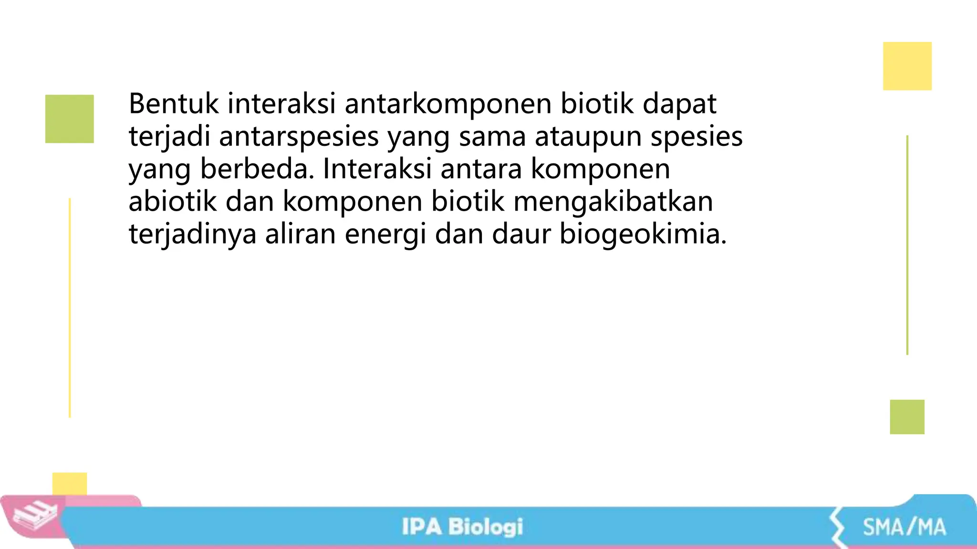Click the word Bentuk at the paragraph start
[x=174, y=103]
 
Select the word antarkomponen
[x=448, y=104]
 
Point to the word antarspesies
[x=299, y=137]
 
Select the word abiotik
[x=173, y=201]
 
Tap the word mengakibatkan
[x=613, y=202]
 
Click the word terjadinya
[x=193, y=234]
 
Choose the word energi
[x=385, y=234]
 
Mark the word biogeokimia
[x=643, y=234]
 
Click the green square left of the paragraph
[x=70, y=119]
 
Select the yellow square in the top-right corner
[x=907, y=66]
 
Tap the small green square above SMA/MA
[x=907, y=417]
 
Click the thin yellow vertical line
[x=70, y=307]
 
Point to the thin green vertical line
[x=907, y=245]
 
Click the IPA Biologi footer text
[x=462, y=527]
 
